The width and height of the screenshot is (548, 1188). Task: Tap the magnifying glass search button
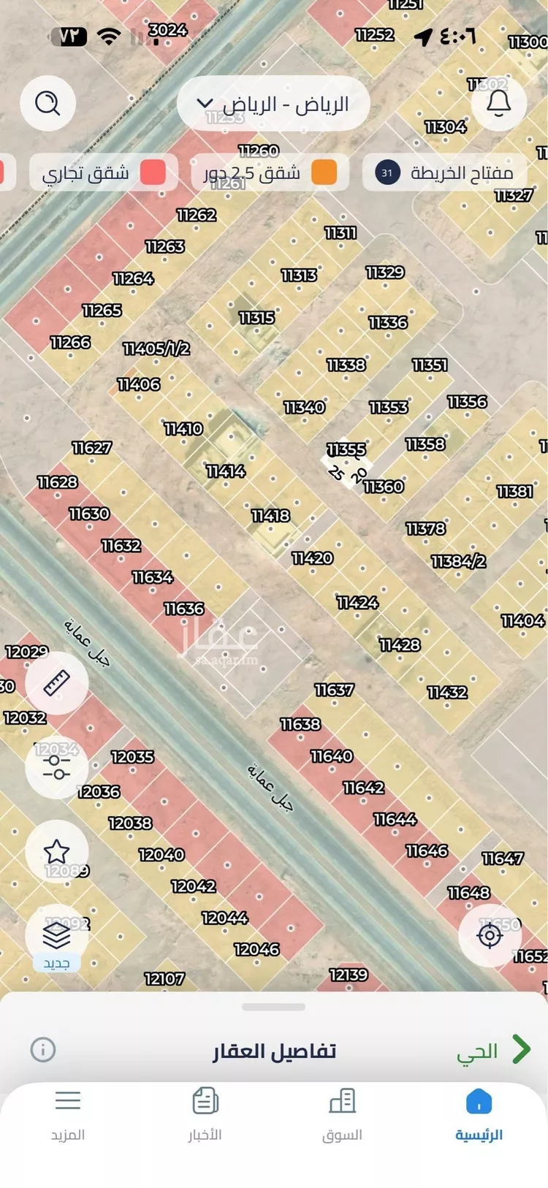point(47,103)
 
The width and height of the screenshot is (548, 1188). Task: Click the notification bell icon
point(499,103)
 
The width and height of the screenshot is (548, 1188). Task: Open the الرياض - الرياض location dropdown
point(273,104)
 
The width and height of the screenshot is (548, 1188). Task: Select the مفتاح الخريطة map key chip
point(444,172)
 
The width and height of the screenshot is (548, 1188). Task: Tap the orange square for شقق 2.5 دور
point(324,172)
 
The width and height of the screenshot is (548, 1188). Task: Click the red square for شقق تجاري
point(153,172)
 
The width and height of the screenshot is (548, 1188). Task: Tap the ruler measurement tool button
point(56,682)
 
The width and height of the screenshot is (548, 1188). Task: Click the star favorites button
point(56,851)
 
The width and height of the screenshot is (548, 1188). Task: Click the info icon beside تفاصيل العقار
point(43,1050)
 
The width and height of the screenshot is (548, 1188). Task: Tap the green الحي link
point(492,1051)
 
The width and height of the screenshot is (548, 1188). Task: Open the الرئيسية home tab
point(479,1113)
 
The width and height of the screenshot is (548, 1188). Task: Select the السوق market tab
point(342,1113)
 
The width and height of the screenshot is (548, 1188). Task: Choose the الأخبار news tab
point(205,1113)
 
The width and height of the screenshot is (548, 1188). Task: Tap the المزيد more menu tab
point(68,1113)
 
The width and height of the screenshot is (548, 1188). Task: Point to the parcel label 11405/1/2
point(156,349)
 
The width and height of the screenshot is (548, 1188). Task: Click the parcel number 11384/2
point(458,561)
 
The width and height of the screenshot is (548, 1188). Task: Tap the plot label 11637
point(334,690)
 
